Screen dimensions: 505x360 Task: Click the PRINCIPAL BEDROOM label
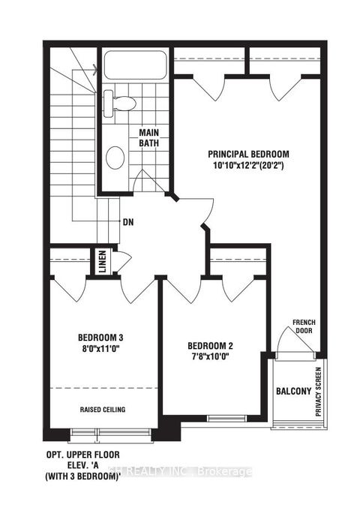[x=250, y=154]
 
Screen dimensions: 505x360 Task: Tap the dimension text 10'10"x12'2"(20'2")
[x=250, y=166]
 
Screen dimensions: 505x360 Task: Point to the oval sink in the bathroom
[x=115, y=157]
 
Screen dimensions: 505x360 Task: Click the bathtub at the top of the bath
[x=135, y=66]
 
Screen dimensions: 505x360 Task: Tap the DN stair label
[x=127, y=222]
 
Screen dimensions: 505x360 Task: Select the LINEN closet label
[x=103, y=262]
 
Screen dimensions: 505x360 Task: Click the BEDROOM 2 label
[x=210, y=346]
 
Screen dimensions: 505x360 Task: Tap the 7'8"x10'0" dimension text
[x=210, y=358]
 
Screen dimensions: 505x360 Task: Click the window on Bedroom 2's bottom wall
[x=223, y=417]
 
